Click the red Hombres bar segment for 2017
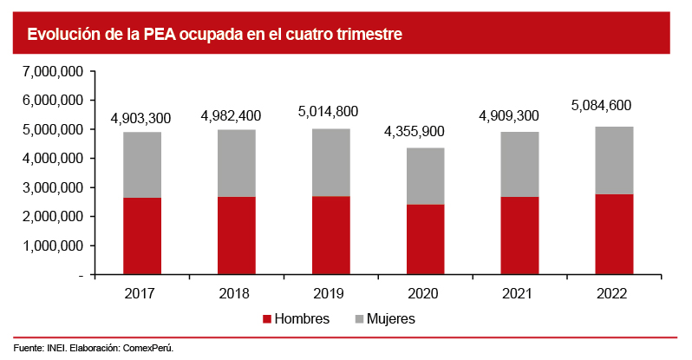tap(142, 236)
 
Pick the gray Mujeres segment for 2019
tap(332, 162)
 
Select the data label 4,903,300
tap(141, 118)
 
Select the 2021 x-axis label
tap(520, 293)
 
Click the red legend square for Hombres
tap(267, 318)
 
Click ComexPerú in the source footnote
tap(148, 348)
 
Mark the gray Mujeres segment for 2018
tap(237, 163)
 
